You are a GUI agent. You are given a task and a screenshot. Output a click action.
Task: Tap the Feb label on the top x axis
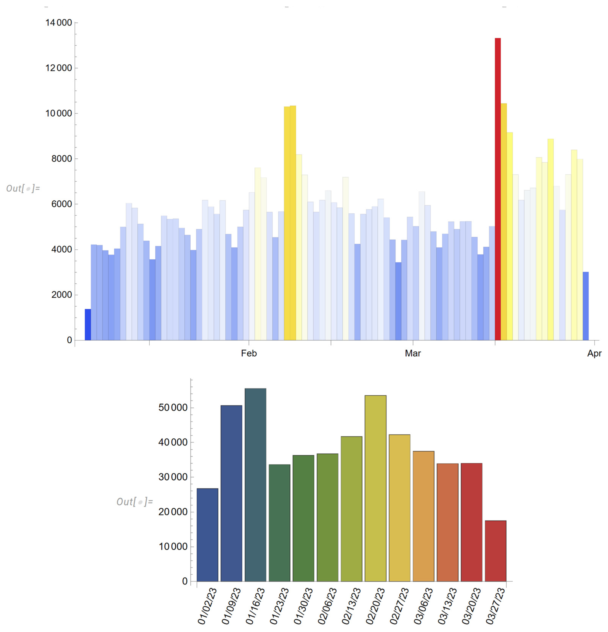pyautogui.click(x=249, y=353)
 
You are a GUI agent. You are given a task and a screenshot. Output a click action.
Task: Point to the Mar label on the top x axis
pyautogui.click(x=413, y=353)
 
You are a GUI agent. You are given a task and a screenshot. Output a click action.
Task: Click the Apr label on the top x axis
pyautogui.click(x=594, y=353)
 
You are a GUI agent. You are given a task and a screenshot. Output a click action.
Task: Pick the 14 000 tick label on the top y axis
pyautogui.click(x=59, y=23)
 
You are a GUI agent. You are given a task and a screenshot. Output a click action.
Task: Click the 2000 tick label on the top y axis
pyautogui.click(x=62, y=295)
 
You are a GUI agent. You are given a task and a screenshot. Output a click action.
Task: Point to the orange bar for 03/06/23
pyautogui.click(x=423, y=516)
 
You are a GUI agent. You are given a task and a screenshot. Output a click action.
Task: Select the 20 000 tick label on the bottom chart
pyautogui.click(x=173, y=512)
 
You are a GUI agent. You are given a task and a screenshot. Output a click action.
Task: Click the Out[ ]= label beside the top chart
pyautogui.click(x=23, y=188)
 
